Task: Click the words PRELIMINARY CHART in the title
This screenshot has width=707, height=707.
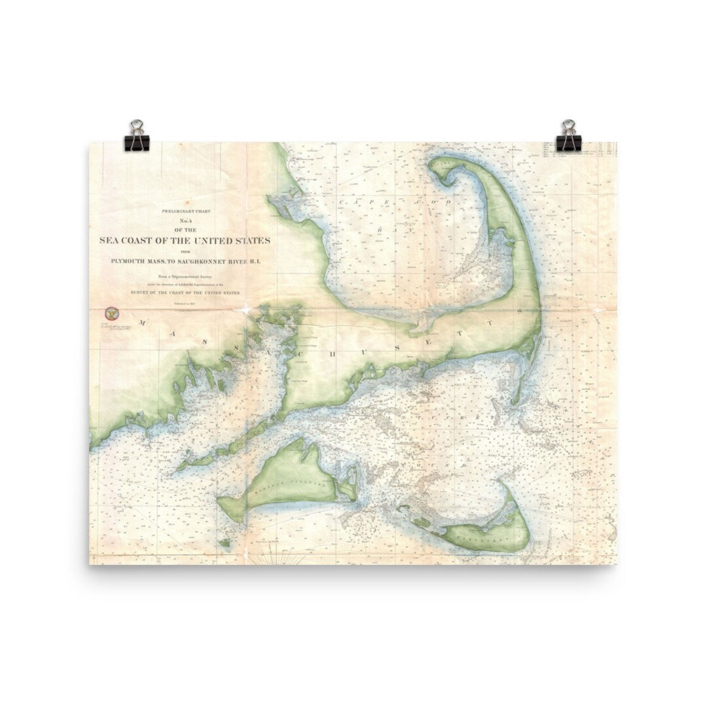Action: click(x=184, y=211)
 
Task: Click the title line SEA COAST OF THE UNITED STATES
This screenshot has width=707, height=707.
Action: click(x=184, y=240)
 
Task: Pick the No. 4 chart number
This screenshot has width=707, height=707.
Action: click(x=184, y=220)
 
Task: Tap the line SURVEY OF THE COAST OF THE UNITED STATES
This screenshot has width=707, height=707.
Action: click(x=184, y=293)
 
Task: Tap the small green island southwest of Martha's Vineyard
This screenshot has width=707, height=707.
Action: click(x=224, y=542)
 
